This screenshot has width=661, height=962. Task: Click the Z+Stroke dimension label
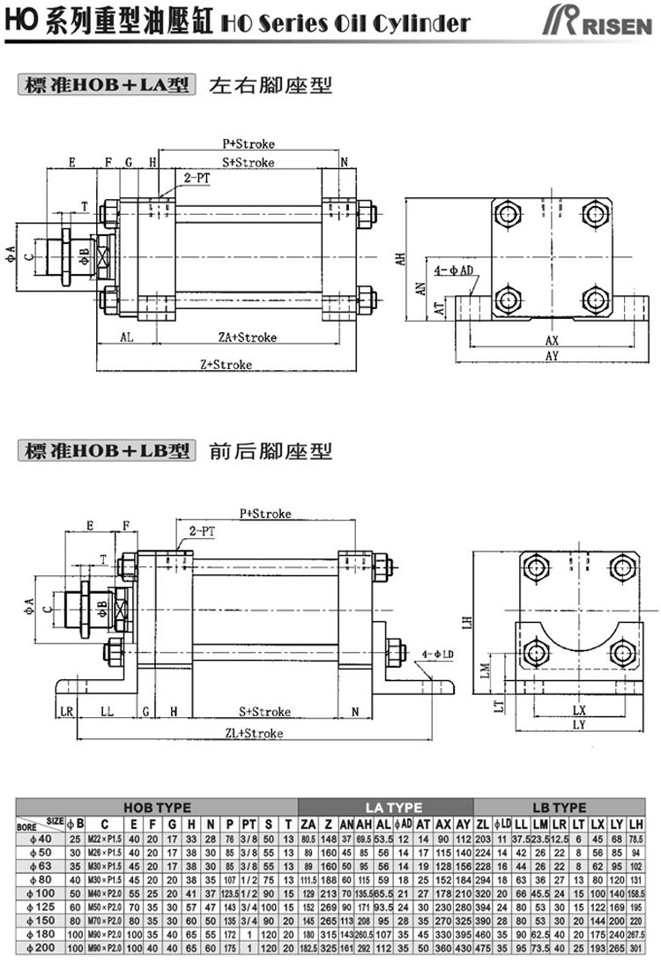coord(226,364)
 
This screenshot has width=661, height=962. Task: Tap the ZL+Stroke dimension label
coord(254,733)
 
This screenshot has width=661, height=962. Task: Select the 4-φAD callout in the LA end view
coord(455,268)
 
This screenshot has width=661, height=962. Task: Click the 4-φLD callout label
coord(438,655)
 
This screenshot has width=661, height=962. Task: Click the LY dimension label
coord(578,725)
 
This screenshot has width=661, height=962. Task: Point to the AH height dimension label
coord(399,260)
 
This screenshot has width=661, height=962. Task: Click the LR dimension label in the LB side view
coord(65,711)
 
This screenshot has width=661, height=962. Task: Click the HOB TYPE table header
coord(157,807)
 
